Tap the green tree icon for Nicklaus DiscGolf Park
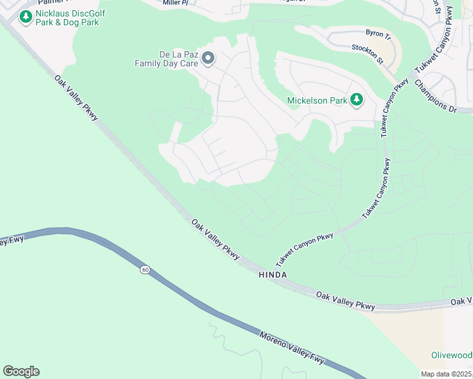tap(25, 17)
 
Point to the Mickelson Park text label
tap(317, 100)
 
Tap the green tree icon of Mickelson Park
tap(357, 99)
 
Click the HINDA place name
tap(273, 275)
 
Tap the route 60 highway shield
tap(145, 270)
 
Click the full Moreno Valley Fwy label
tap(292, 346)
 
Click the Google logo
tap(21, 371)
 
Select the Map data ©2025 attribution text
tap(445, 374)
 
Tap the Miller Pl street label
tap(175, 3)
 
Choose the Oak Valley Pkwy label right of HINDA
tap(345, 301)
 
